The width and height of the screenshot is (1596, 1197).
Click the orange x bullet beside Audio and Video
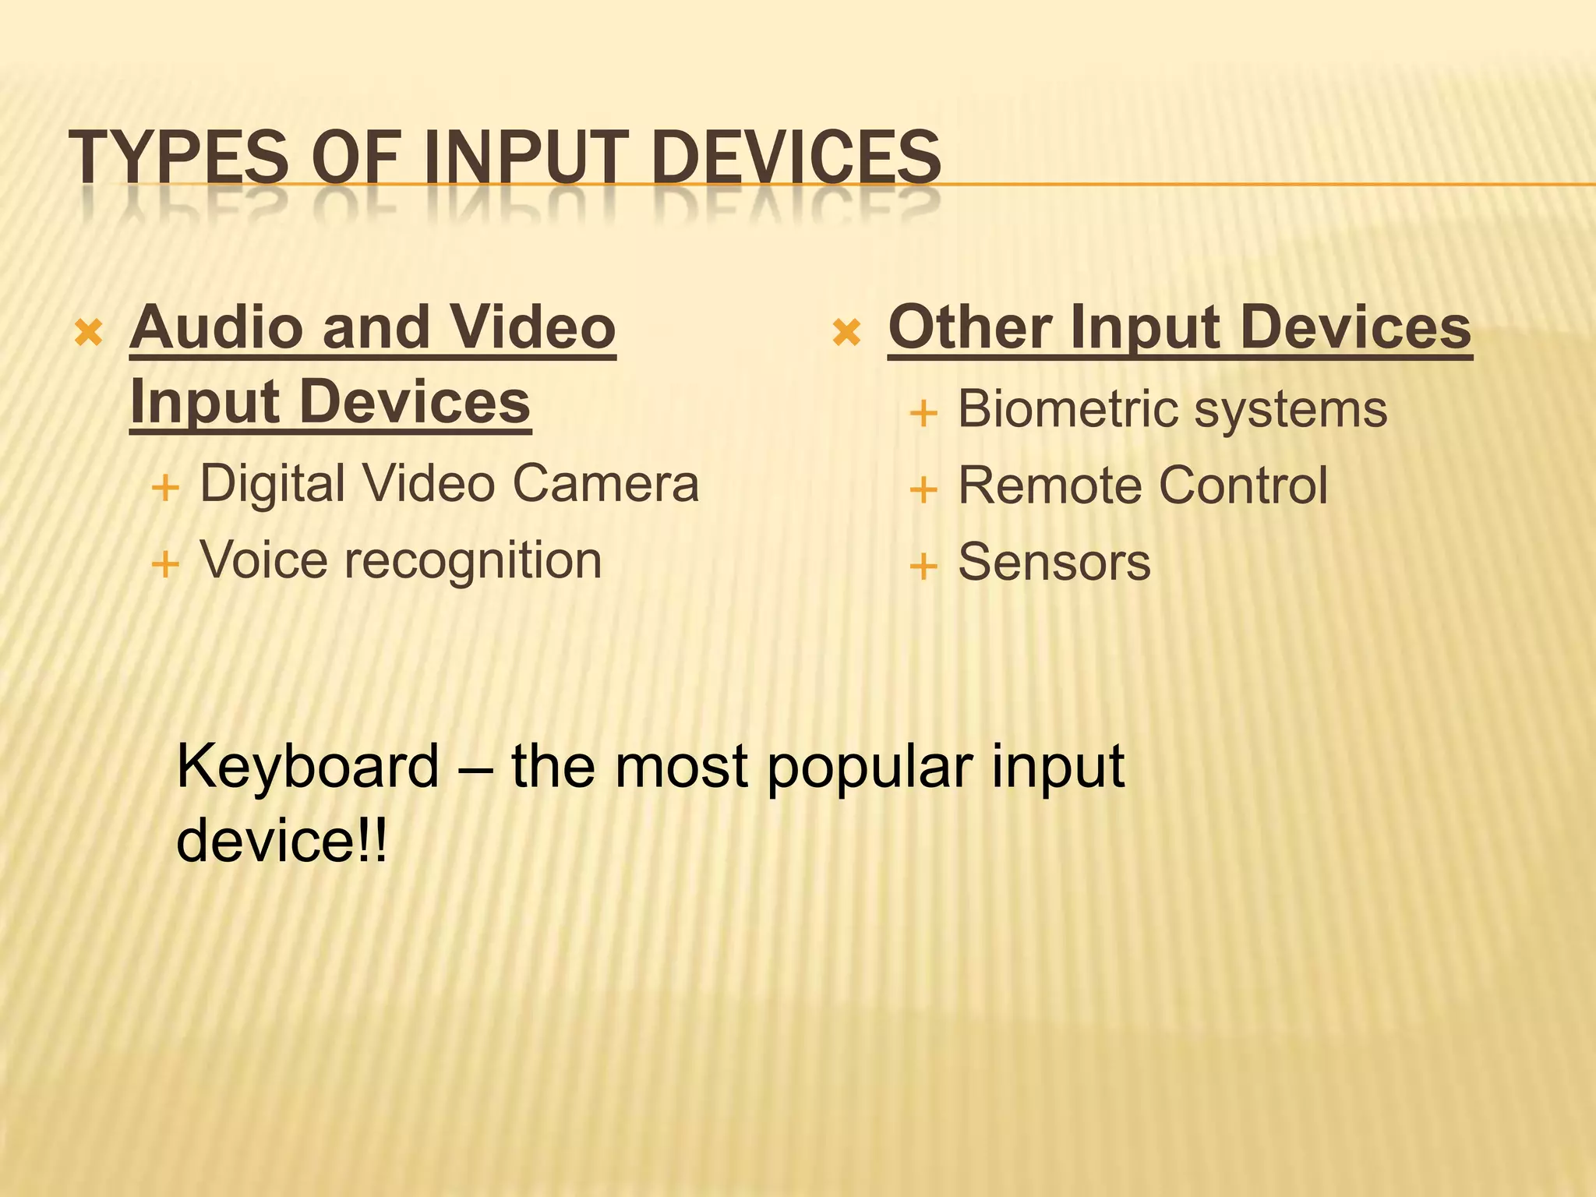click(x=88, y=334)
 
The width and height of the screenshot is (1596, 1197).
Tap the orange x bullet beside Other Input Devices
click(x=846, y=334)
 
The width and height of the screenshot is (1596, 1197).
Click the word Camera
click(x=606, y=484)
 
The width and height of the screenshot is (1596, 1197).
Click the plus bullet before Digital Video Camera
click(x=165, y=489)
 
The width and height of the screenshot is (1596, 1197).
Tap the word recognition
click(x=473, y=561)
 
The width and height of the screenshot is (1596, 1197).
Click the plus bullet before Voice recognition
click(x=165, y=563)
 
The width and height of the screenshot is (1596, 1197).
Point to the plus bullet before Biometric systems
click(x=923, y=413)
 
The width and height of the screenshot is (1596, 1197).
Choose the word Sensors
click(x=1054, y=562)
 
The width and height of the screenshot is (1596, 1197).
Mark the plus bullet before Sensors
click(x=923, y=567)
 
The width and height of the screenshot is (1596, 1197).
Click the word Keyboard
click(x=309, y=767)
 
